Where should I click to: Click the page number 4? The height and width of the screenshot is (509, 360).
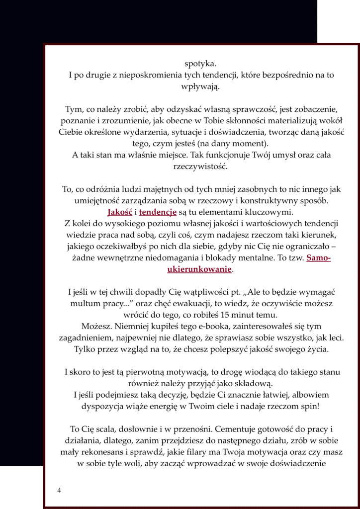(x=59, y=490)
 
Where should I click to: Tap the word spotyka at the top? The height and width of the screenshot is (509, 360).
(x=200, y=63)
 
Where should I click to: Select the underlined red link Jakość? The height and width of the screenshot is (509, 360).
(x=116, y=212)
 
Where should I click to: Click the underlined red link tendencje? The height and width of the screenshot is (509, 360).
(x=158, y=212)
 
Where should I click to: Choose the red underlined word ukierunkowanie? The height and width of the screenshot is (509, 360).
(x=199, y=269)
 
